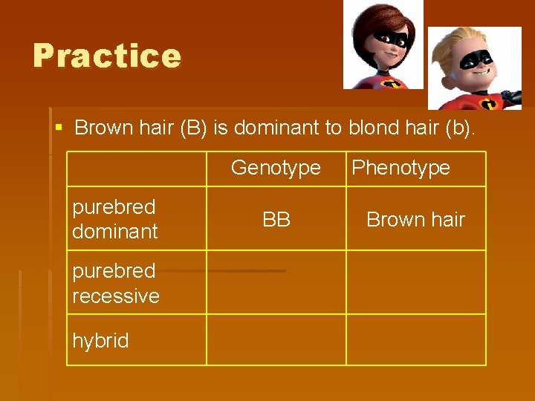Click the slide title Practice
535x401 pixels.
(x=107, y=56)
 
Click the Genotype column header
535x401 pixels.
(x=276, y=168)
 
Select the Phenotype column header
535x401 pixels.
(x=401, y=168)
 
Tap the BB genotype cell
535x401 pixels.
(x=276, y=219)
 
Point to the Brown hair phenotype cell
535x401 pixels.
(x=415, y=219)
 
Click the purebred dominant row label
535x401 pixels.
(x=115, y=219)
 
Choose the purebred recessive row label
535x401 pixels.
(x=116, y=283)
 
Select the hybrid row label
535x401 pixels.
(x=100, y=341)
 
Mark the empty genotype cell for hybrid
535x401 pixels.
(x=276, y=340)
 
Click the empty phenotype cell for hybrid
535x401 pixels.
(x=415, y=340)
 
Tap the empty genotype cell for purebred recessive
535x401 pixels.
(x=276, y=283)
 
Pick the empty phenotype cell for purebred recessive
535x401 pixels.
(x=415, y=283)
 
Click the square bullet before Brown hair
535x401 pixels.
(x=59, y=128)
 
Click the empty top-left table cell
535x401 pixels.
(x=137, y=169)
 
